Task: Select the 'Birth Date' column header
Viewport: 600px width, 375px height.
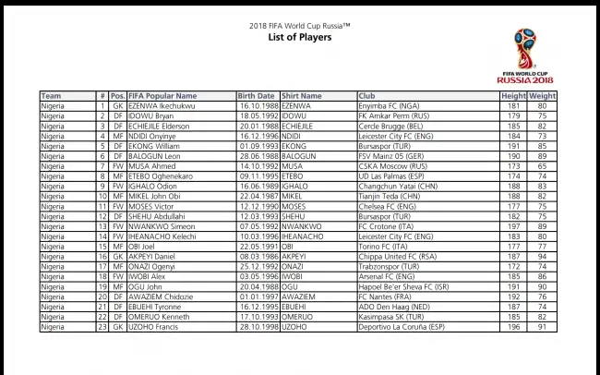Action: pos(256,96)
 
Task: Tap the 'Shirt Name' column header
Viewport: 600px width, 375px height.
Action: pos(302,96)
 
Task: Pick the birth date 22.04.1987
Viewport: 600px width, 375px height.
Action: pos(258,196)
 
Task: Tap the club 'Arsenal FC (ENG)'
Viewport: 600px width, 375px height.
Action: pos(388,276)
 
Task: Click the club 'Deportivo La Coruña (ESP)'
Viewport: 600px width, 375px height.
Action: pos(402,326)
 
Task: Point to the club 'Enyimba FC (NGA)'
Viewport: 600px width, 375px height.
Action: pos(389,106)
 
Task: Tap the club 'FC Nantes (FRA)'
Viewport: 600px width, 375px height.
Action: pos(387,296)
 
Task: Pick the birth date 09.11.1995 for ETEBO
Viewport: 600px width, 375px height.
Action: pos(258,176)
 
